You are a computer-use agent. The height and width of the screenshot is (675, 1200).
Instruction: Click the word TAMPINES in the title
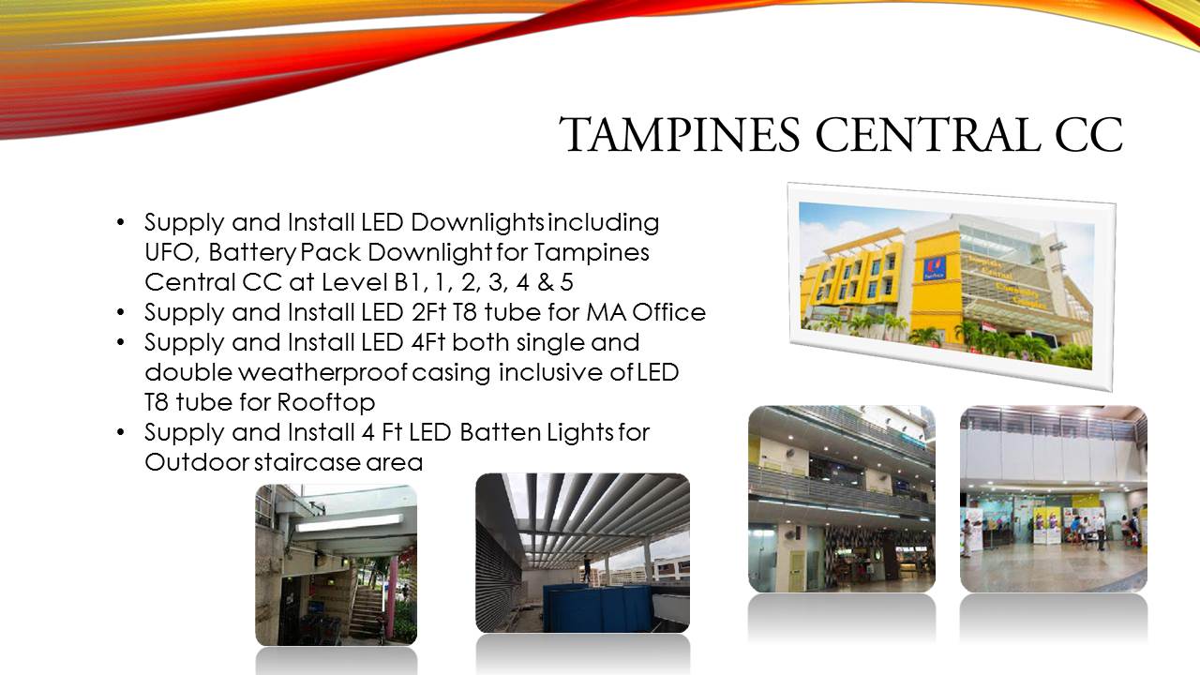coord(680,134)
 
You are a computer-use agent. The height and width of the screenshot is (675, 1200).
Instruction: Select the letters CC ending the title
coord(1088,134)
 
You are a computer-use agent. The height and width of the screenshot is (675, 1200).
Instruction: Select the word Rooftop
coord(325,402)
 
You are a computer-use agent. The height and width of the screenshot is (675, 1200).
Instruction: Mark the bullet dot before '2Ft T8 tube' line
coord(120,312)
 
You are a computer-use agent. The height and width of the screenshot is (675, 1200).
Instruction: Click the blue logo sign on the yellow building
coord(935,268)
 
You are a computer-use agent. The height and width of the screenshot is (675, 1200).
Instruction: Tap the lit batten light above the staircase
coord(349,523)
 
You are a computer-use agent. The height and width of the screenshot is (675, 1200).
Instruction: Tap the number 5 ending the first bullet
coord(567,282)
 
